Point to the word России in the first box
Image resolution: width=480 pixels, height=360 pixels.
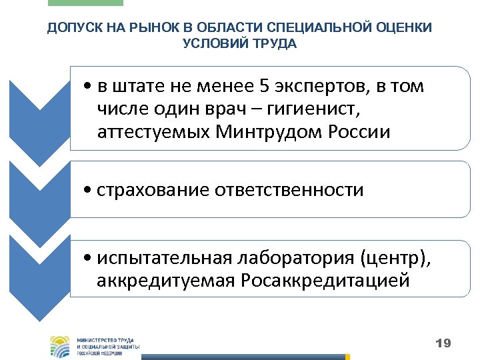point(360,132)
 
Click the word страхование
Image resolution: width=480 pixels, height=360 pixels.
point(153,190)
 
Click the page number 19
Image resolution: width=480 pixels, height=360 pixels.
point(443,344)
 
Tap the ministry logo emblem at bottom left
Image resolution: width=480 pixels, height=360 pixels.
point(59,346)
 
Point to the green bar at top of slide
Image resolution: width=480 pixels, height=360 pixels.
point(86,3)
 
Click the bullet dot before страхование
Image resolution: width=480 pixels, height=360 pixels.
point(89,191)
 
